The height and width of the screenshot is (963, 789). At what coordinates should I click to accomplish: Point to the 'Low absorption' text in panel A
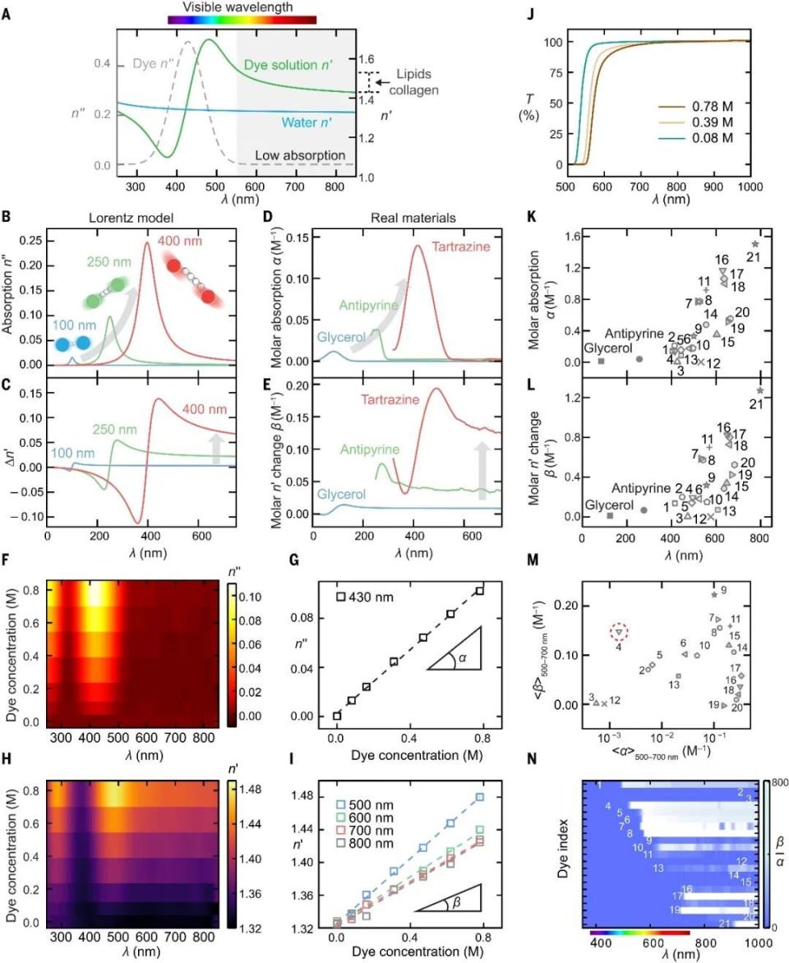pos(300,155)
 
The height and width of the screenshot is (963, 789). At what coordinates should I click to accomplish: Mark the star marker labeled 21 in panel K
pos(754,244)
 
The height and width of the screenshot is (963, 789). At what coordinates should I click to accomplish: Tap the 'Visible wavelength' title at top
pos(242,6)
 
